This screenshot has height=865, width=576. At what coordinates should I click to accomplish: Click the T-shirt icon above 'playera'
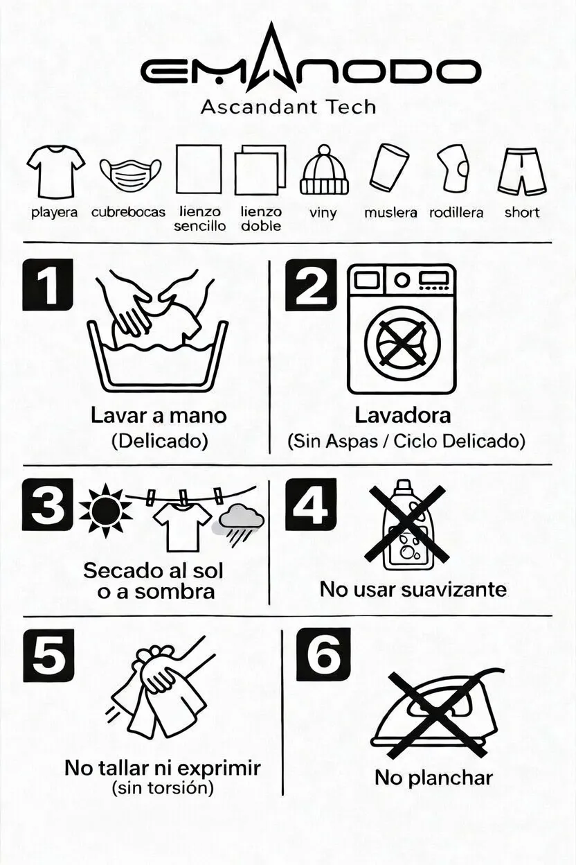(x=56, y=172)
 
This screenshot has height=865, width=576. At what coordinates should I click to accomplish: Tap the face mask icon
(x=130, y=173)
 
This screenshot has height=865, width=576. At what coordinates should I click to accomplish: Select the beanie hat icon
(x=325, y=170)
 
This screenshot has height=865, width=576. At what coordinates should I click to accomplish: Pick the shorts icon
(x=522, y=172)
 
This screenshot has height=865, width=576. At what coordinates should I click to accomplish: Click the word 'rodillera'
(x=456, y=213)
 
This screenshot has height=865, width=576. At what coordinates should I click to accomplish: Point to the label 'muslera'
(x=390, y=213)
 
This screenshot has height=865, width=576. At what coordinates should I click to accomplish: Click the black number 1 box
(x=48, y=285)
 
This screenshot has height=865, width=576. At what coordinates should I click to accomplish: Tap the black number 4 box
(x=311, y=505)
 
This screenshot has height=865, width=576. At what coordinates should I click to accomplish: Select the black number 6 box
(x=323, y=655)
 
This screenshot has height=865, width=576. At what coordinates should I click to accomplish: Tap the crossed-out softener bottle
(x=406, y=525)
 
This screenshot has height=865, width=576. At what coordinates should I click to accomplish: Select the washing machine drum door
(x=402, y=343)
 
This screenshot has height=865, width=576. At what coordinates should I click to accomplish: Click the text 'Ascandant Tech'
(x=288, y=107)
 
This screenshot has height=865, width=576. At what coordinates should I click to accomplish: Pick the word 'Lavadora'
(x=403, y=415)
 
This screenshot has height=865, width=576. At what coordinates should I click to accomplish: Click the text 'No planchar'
(x=433, y=778)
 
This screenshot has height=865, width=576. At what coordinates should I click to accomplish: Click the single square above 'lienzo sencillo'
(x=199, y=169)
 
